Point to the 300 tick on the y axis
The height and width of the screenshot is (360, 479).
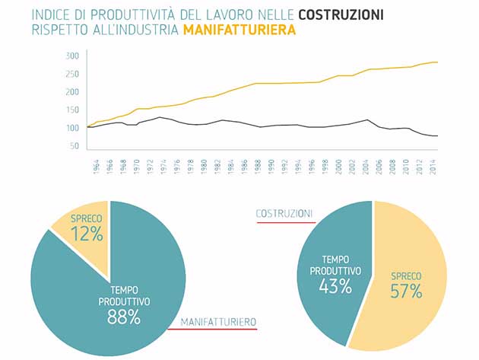coord(72,56)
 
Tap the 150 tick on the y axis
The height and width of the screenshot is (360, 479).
coord(72,110)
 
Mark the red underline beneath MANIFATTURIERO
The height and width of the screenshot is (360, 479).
coord(218,330)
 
